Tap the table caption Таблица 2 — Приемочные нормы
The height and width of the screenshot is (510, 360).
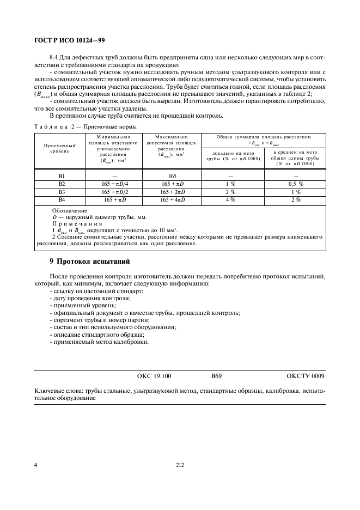[85, 126]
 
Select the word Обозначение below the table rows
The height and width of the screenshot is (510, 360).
[69, 210]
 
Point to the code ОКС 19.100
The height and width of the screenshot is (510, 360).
[154, 376]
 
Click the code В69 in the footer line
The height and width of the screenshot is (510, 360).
[216, 376]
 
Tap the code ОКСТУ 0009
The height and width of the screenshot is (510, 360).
[305, 376]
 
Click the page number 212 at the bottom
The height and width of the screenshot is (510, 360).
[180, 465]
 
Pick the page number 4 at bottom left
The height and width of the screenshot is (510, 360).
[35, 465]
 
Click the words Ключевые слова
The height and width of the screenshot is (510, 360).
[58, 391]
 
